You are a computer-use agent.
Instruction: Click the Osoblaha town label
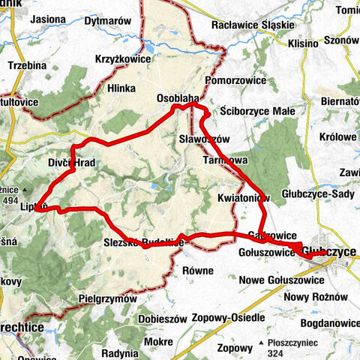178,98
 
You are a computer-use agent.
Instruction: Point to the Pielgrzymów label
108,298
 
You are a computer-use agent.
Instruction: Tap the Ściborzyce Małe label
258,112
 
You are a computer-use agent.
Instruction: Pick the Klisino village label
302,43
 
